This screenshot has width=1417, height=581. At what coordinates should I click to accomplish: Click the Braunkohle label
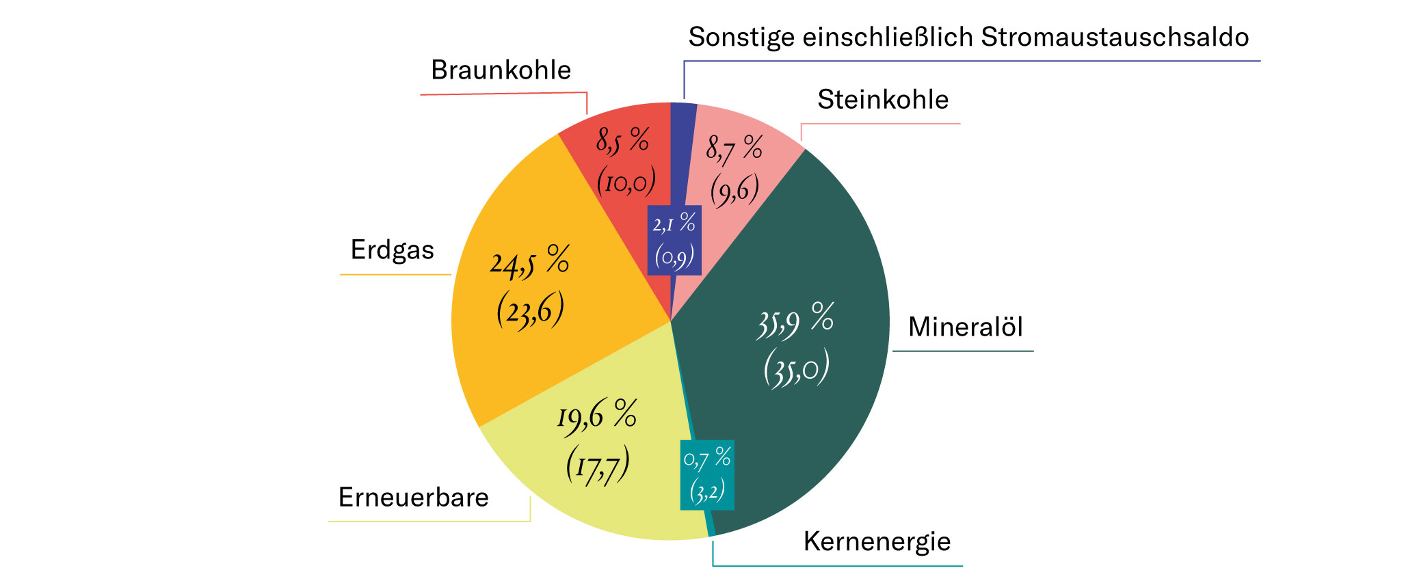point(501,70)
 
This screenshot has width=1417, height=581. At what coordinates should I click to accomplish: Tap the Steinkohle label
point(883,100)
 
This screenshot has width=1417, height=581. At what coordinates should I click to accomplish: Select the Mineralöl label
point(965,327)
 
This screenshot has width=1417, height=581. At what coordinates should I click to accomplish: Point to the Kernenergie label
point(877,541)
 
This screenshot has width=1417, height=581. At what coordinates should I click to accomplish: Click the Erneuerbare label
point(413,498)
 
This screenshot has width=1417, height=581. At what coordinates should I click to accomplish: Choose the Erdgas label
point(392,250)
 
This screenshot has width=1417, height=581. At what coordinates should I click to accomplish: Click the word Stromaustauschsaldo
point(1115,37)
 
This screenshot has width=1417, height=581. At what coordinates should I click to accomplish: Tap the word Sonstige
point(741,37)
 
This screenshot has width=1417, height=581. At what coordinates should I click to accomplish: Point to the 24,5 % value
point(529,262)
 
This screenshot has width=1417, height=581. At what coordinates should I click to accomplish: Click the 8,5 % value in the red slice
point(622,141)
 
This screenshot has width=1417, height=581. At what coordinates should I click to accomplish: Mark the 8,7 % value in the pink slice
point(734,148)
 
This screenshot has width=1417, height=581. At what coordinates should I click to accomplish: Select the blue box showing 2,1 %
point(674,240)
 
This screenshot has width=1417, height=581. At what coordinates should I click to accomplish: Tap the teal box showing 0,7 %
point(707,474)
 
